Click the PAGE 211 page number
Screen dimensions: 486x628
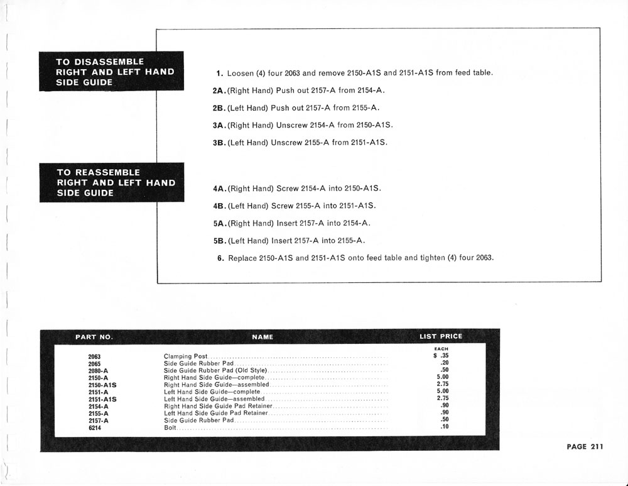584,447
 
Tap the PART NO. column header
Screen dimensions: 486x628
94,337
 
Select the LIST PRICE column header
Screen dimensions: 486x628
440,336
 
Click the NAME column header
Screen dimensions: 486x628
263,337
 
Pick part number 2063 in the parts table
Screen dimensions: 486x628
95,356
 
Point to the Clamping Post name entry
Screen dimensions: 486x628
186,356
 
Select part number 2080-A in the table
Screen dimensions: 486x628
99,371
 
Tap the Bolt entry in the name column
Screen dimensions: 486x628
169,428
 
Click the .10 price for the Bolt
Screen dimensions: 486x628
444,427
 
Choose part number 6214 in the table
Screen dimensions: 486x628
95,428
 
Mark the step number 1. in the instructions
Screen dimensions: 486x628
220,73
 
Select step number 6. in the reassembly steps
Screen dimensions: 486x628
220,258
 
